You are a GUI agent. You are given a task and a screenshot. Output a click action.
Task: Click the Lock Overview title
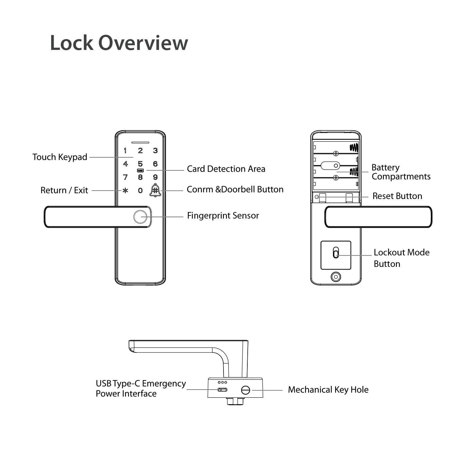tap(119, 43)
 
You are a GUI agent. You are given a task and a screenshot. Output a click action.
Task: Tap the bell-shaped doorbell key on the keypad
tap(155, 190)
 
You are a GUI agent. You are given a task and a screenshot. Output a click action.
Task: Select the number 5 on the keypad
tap(140, 164)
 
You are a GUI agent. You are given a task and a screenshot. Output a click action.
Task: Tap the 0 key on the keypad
tap(140, 191)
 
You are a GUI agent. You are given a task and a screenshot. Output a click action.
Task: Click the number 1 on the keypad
tap(125, 151)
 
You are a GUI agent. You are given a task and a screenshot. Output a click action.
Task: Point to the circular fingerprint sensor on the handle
tap(140, 217)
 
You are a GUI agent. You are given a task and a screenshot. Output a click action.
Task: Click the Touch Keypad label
tap(60, 157)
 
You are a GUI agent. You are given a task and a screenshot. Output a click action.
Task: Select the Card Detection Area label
tap(226, 169)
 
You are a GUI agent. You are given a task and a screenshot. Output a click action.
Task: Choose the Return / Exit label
tap(64, 190)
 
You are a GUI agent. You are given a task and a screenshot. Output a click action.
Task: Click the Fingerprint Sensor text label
tap(223, 216)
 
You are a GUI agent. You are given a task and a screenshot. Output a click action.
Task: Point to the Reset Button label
tap(397, 196)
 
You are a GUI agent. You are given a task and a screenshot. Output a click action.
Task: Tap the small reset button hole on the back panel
tap(317, 197)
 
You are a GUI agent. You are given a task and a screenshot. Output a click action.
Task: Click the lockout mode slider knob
tap(335, 253)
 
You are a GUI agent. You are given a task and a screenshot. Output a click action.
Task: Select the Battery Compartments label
tap(401, 172)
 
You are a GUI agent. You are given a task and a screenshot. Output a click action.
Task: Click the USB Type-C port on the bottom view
tap(222, 390)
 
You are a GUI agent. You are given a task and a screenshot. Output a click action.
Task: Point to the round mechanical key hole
tap(245, 390)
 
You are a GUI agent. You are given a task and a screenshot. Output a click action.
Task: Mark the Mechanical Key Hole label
tap(328, 390)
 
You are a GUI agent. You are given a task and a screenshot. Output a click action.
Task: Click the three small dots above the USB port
tap(222, 382)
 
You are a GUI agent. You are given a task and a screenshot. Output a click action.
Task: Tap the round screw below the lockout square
tap(336, 277)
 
